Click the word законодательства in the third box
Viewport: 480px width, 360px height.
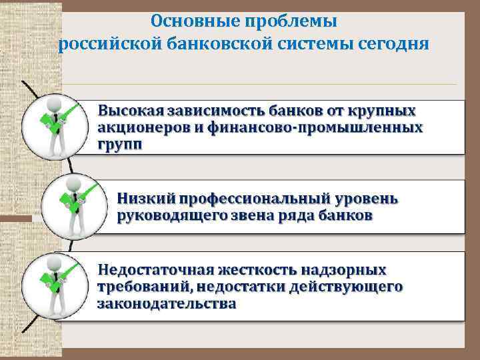166,304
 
